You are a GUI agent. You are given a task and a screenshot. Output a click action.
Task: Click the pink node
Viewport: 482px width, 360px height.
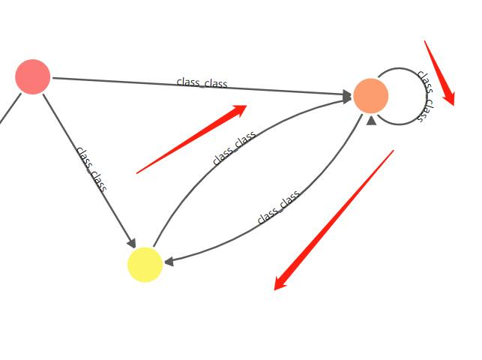[x=33, y=76]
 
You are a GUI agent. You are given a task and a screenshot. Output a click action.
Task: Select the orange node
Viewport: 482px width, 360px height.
[x=370, y=96]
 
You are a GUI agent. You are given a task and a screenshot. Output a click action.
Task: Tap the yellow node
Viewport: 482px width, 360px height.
[x=145, y=264]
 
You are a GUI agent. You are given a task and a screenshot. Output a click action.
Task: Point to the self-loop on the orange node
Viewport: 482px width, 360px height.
[x=405, y=71]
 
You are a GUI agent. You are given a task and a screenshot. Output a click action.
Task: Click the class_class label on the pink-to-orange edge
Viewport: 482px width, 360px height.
[x=202, y=82]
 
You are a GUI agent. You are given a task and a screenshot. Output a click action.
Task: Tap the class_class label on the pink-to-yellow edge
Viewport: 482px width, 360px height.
[x=91, y=169]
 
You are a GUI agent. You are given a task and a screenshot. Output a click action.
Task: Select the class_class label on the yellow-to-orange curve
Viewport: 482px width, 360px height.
[x=234, y=148]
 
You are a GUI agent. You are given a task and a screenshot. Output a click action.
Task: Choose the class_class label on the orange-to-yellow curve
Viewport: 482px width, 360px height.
[x=278, y=207]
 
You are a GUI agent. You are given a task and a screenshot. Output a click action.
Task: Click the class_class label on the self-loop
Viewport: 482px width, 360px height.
[x=424, y=96]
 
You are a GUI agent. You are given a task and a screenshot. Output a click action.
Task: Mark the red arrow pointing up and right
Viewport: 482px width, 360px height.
[x=192, y=139]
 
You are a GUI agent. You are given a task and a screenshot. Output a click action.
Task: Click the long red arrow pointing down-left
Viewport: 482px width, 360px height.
[x=334, y=220]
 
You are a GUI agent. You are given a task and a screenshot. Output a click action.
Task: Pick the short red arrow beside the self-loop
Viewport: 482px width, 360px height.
[x=439, y=73]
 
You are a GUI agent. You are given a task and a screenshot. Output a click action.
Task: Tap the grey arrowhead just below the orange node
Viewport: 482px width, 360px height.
[x=372, y=119]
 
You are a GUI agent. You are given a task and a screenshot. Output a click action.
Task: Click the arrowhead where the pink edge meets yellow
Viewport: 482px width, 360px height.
[x=131, y=242]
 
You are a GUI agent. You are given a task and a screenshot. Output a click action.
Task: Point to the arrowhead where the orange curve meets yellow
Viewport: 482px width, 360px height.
[x=169, y=262]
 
